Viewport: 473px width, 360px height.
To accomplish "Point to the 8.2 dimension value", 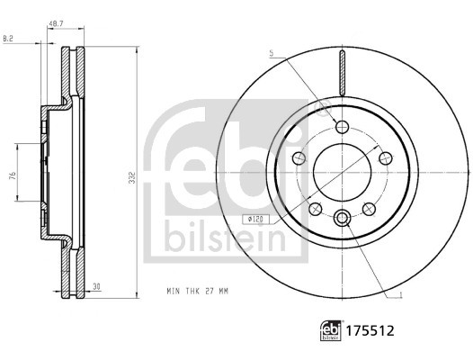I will point(9,38).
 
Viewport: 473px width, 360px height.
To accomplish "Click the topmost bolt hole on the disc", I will point(342,126).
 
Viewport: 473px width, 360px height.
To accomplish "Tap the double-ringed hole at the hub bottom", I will point(342,218).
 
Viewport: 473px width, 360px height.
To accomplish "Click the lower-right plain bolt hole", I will point(368,209).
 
